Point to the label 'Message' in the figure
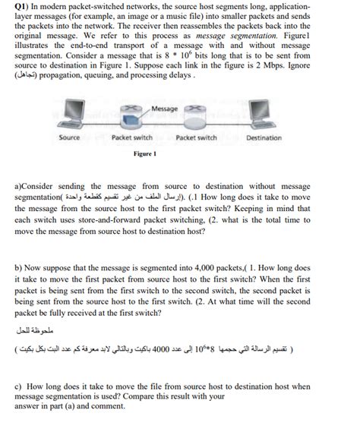[165, 109]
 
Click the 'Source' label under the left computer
[70, 138]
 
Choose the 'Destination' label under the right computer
[264, 138]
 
